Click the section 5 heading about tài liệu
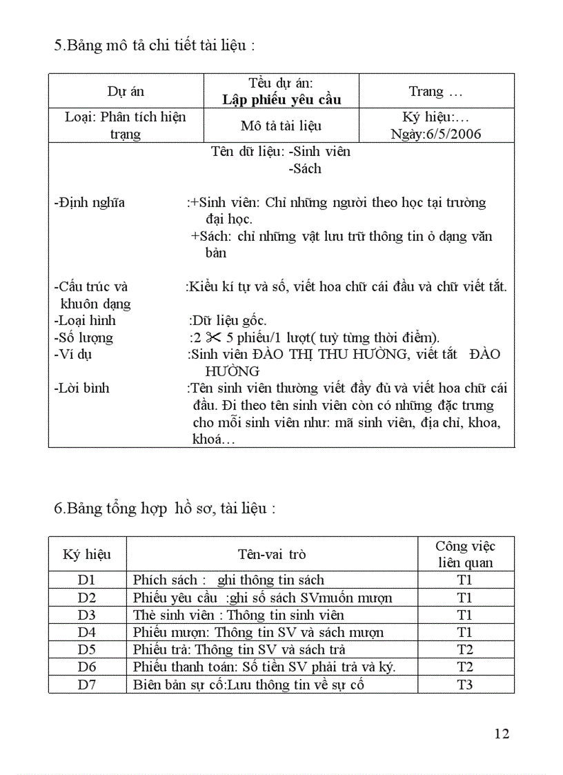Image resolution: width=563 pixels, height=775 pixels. (155, 46)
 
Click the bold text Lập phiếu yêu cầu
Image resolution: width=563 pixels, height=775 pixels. (281, 99)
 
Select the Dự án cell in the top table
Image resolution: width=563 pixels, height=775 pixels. (126, 91)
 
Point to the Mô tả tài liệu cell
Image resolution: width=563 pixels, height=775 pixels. (281, 126)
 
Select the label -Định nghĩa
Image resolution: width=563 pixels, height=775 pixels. (90, 203)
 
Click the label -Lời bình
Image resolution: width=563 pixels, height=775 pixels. (81, 388)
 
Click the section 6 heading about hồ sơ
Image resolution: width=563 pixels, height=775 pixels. (164, 509)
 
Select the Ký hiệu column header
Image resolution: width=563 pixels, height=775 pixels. (87, 554)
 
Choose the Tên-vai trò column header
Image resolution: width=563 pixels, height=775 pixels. (272, 554)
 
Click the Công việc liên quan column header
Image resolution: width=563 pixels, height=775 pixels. (465, 554)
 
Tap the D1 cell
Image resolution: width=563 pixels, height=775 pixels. (87, 580)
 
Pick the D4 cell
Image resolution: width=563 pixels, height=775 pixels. (87, 632)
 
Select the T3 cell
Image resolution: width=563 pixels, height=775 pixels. (465, 685)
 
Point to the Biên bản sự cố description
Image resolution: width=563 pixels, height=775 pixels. (248, 685)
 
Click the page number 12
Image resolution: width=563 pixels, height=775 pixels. (502, 734)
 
